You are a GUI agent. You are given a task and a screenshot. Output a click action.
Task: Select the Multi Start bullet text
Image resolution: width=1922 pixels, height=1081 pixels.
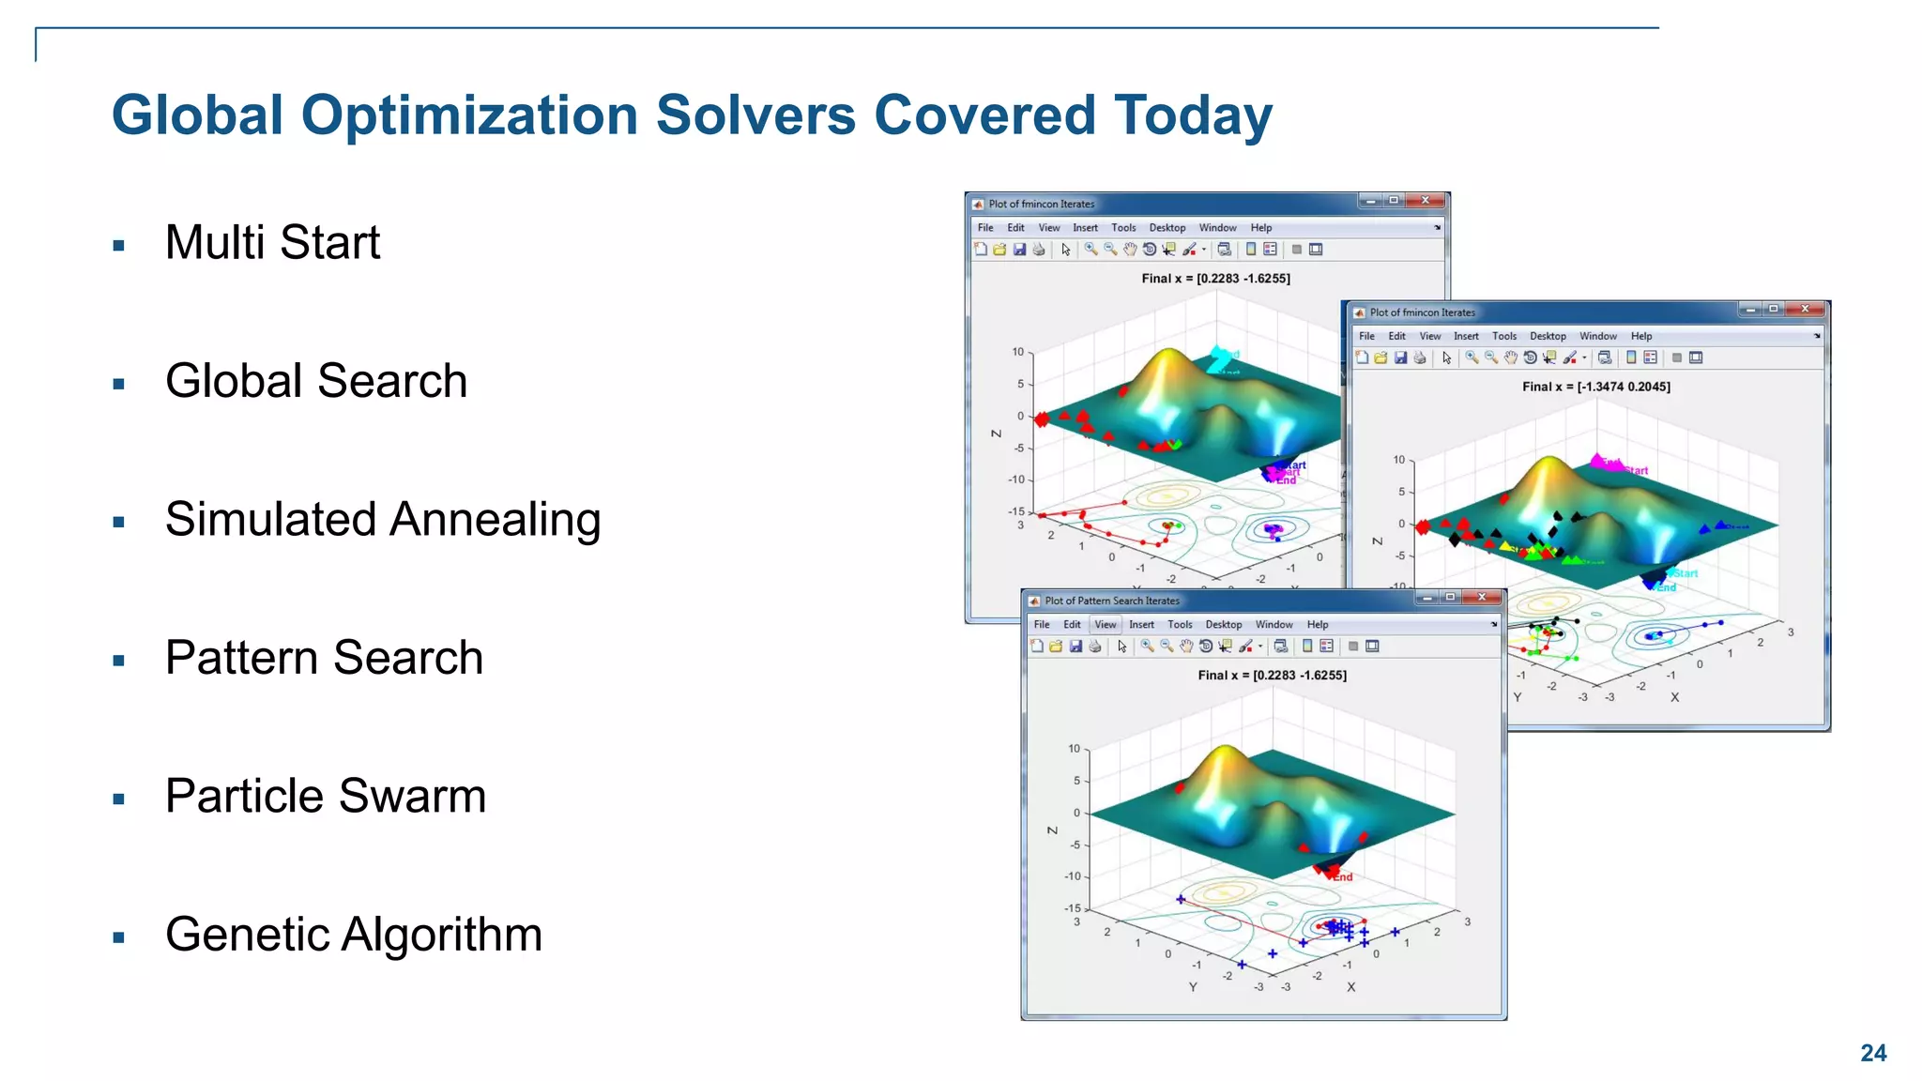click(x=272, y=243)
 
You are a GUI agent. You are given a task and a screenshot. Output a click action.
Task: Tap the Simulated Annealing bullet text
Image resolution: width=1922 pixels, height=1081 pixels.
click(x=383, y=520)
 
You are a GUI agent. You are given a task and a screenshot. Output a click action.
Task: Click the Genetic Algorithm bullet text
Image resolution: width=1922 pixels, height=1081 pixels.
click(x=354, y=935)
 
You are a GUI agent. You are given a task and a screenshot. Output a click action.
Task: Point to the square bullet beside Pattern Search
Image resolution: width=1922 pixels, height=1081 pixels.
click(x=118, y=662)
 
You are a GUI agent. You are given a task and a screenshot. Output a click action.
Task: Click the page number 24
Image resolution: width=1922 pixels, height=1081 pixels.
click(x=1872, y=1053)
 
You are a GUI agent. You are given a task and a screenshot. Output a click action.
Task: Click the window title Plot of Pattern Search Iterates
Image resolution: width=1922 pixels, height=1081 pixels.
click(x=1111, y=601)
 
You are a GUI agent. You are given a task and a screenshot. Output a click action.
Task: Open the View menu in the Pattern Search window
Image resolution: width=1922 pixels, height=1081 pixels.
click(x=1106, y=625)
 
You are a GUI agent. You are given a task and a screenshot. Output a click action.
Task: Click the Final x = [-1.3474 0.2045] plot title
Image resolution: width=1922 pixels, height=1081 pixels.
click(x=1595, y=387)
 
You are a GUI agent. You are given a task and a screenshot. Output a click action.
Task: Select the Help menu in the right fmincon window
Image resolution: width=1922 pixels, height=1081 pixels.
click(x=1640, y=336)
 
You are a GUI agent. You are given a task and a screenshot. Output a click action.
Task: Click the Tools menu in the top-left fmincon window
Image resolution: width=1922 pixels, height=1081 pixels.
click(x=1122, y=228)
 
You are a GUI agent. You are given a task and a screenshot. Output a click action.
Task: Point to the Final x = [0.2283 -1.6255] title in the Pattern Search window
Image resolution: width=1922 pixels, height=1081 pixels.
click(x=1272, y=676)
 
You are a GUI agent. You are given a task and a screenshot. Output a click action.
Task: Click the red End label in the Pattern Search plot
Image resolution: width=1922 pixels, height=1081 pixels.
click(x=1343, y=877)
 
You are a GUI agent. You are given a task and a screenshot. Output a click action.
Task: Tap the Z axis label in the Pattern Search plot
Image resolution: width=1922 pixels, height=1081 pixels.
click(x=1052, y=830)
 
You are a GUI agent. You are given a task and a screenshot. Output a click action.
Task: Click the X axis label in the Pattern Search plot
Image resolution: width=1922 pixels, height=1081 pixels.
click(x=1350, y=987)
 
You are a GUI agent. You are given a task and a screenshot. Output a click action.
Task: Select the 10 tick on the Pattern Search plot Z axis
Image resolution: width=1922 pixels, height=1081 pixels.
click(x=1074, y=749)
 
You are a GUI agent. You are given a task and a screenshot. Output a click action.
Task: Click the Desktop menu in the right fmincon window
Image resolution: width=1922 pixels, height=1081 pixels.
click(x=1547, y=336)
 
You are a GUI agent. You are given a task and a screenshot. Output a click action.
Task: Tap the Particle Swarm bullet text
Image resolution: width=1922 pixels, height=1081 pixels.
click(x=326, y=797)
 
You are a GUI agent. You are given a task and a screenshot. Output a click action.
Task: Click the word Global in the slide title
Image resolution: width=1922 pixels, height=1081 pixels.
click(x=197, y=115)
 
